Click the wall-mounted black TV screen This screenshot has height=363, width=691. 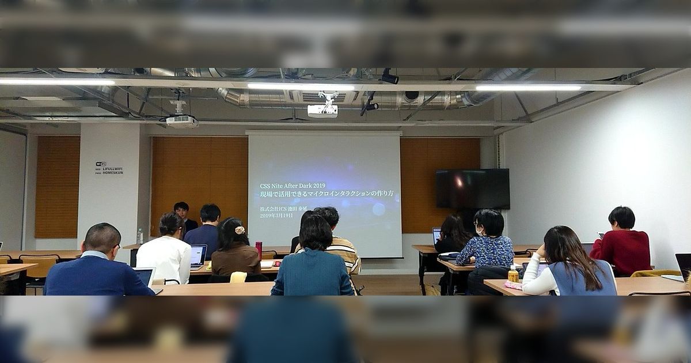(x=472, y=188)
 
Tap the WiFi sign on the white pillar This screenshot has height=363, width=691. (x=109, y=168)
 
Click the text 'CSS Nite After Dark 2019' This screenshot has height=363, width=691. (x=292, y=186)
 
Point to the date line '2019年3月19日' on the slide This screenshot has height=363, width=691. (x=276, y=215)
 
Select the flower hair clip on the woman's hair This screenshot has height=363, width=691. (x=240, y=230)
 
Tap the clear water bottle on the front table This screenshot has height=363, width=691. (x=139, y=236)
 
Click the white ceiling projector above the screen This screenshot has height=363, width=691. (x=322, y=109)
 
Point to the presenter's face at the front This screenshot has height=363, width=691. (x=181, y=209)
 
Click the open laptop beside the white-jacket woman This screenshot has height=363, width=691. (x=198, y=255)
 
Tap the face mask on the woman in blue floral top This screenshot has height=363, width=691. (x=479, y=231)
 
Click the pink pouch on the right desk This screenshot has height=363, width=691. (x=512, y=285)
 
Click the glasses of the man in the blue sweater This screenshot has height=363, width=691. (x=117, y=247)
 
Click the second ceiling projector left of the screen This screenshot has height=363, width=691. (x=181, y=120)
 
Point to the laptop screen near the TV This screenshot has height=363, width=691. (x=436, y=235)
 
